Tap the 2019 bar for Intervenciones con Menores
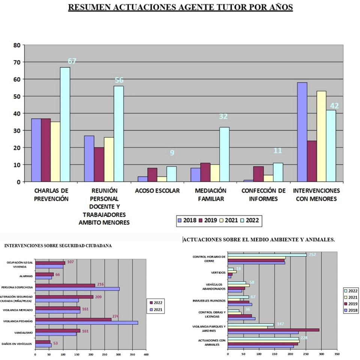312,161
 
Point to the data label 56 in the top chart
119,80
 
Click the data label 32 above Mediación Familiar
223,116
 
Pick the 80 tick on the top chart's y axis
16,45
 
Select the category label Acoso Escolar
157,190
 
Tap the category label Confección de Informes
263,195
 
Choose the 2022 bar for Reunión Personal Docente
118,134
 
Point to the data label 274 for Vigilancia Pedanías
115,316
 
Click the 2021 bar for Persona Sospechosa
77,289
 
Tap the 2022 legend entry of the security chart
157,302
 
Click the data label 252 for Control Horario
312,255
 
